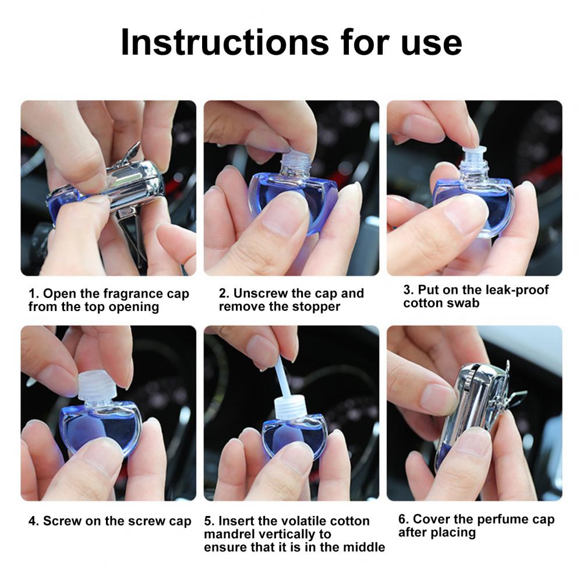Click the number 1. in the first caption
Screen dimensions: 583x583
(34, 294)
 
